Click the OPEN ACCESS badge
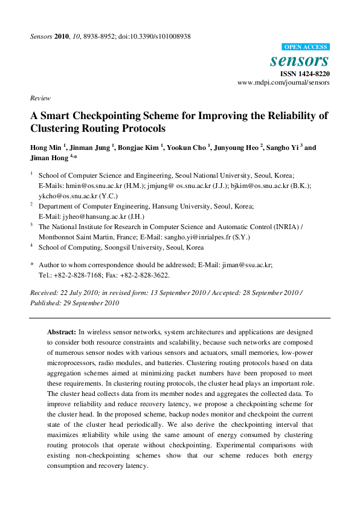(306, 47)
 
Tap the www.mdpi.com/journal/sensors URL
(283, 82)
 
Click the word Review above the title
(40, 98)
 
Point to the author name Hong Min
(45, 148)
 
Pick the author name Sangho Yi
(283, 148)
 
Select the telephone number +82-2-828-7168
(77, 274)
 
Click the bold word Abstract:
(62, 332)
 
